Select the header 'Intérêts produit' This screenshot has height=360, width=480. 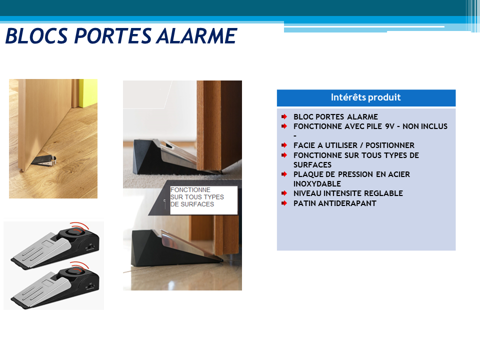[366, 97]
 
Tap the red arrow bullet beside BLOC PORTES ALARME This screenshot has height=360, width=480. [284, 116]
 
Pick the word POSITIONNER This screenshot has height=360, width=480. [390, 145]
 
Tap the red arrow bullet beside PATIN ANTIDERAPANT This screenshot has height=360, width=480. [284, 203]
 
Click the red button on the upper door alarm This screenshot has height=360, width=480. [76, 232]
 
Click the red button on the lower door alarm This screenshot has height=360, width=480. [76, 272]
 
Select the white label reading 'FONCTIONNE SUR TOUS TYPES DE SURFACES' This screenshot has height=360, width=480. [203, 200]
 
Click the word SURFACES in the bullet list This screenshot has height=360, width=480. [312, 164]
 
